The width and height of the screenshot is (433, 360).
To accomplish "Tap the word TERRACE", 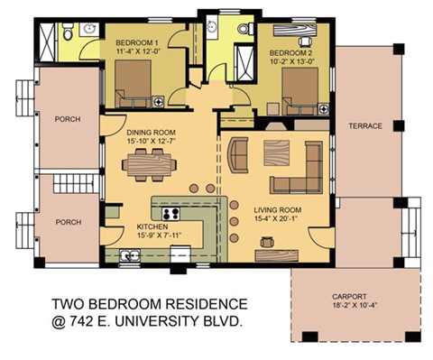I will [x=365, y=125].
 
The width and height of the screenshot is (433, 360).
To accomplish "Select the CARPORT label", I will [x=349, y=294].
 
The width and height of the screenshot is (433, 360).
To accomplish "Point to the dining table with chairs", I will [x=149, y=163].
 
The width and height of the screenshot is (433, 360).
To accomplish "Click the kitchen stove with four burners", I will [x=170, y=216].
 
